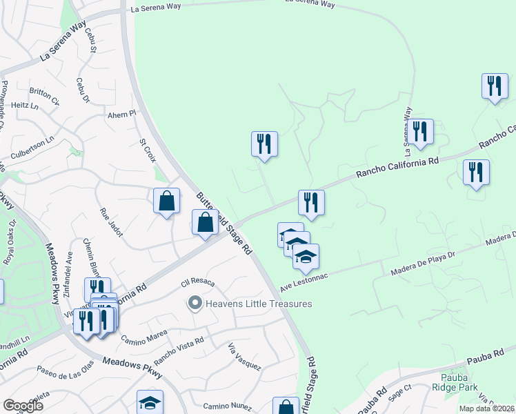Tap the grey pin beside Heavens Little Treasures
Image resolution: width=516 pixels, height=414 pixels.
pos(195,304)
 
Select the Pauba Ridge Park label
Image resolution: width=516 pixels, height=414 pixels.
pos(459,382)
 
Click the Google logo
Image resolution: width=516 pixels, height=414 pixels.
pos(23,405)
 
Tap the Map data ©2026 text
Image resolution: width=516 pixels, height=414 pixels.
pos(487,408)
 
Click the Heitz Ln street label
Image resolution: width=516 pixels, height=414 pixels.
pos(25,106)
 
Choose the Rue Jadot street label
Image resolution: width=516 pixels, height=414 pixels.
pos(111,223)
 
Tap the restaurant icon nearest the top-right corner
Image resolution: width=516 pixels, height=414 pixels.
pos(495,86)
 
